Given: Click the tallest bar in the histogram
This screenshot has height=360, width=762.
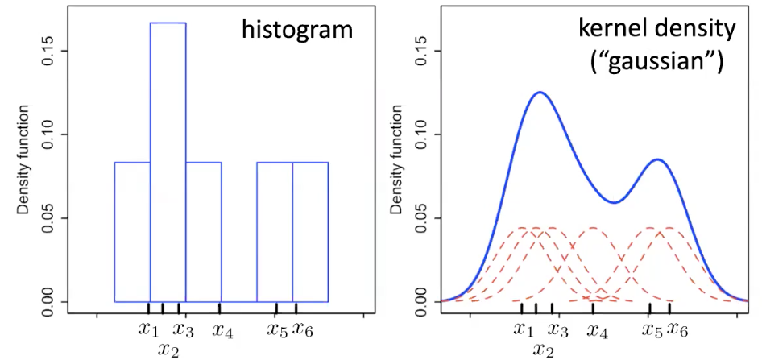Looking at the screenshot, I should (168, 161).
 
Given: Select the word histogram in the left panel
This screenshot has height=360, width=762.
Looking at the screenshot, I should (297, 31).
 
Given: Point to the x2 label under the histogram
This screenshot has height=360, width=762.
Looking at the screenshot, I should (168, 349).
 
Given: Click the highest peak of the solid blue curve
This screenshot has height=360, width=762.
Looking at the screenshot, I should (539, 93).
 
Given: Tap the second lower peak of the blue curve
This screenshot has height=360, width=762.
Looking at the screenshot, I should (658, 159).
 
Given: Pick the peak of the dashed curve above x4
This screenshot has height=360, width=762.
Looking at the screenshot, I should (593, 228).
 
